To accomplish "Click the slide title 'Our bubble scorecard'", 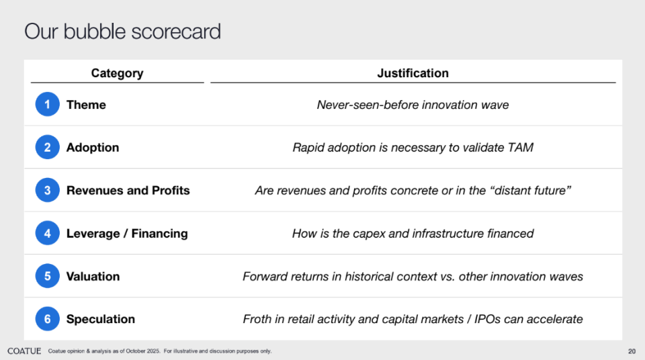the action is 122,32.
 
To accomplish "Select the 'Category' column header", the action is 117,73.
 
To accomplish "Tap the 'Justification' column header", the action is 413,73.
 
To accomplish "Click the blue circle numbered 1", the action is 47,104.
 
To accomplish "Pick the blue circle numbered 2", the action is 47,147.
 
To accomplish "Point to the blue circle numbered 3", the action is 47,190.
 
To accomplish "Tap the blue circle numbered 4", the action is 47,233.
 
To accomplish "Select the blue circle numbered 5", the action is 47,276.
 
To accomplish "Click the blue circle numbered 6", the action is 47,319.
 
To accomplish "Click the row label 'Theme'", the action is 87,105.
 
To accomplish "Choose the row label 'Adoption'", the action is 93,148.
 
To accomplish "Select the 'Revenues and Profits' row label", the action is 128,191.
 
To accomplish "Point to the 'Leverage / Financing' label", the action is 127,234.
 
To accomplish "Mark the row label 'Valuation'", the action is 93,277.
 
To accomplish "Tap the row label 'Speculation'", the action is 101,319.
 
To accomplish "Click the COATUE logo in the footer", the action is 24,351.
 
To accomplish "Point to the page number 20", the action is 632,351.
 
